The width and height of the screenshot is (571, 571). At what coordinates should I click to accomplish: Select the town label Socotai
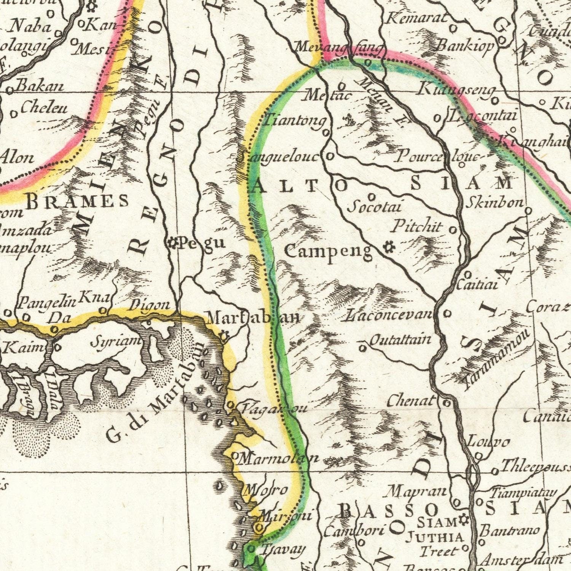coord(375,207)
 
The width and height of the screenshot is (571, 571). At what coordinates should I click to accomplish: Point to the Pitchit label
coord(417,226)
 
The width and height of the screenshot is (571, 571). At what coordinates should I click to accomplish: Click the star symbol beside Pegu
coord(174,242)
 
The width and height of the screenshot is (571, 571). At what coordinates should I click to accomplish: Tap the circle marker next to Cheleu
coord(14,113)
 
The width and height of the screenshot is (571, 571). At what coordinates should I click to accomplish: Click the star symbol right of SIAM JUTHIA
coord(463,518)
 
